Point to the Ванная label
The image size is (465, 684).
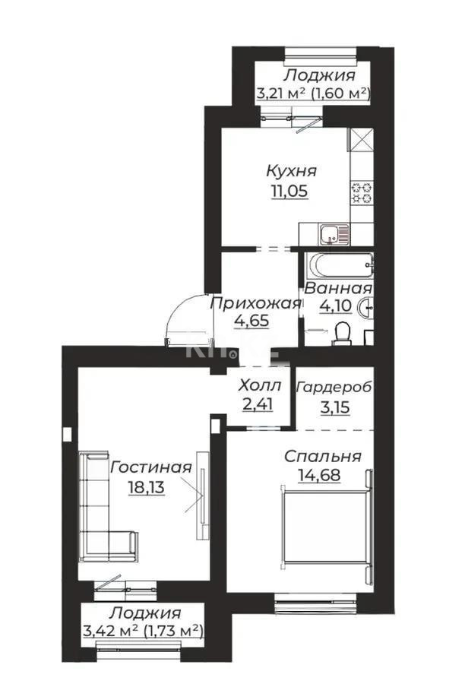tap(338, 290)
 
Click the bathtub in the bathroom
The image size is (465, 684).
tap(340, 266)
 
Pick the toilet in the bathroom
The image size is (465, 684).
tap(342, 331)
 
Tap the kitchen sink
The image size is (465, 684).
tap(330, 233)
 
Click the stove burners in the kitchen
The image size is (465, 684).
tap(360, 194)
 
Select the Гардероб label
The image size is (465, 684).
tap(334, 387)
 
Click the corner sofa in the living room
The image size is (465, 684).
tap(99, 517)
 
